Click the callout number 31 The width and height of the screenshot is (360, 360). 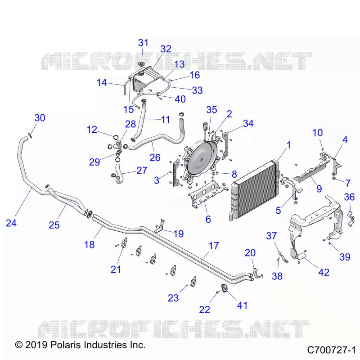(x=143, y=43)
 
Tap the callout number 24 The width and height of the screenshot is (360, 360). (x=11, y=223)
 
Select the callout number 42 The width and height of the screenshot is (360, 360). (x=324, y=272)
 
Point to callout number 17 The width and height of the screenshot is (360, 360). (x=213, y=246)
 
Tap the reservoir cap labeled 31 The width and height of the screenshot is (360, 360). (x=141, y=64)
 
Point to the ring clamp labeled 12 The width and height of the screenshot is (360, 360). (x=116, y=137)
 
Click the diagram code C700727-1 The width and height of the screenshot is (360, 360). (x=332, y=350)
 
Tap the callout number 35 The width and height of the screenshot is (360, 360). (x=211, y=110)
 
